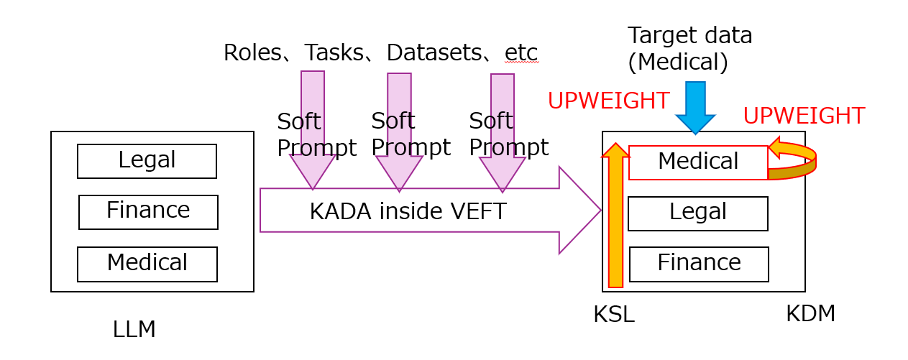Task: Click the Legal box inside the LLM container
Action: coord(147,161)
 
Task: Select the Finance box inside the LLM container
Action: coord(148,212)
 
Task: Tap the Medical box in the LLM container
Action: coord(147,264)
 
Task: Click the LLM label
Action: coord(134,329)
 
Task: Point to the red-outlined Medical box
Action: coord(698,162)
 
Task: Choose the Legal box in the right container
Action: coord(698,213)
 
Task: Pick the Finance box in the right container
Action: coord(699,264)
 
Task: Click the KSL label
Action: coord(613,314)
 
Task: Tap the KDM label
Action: coord(810,313)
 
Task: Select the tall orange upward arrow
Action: coord(615,216)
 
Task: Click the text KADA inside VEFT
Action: coord(408,211)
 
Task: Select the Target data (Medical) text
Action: coord(689,48)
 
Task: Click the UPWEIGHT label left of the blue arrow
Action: coord(608,101)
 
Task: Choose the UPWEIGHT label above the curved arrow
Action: coord(803,116)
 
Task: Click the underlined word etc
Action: coord(521,52)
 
